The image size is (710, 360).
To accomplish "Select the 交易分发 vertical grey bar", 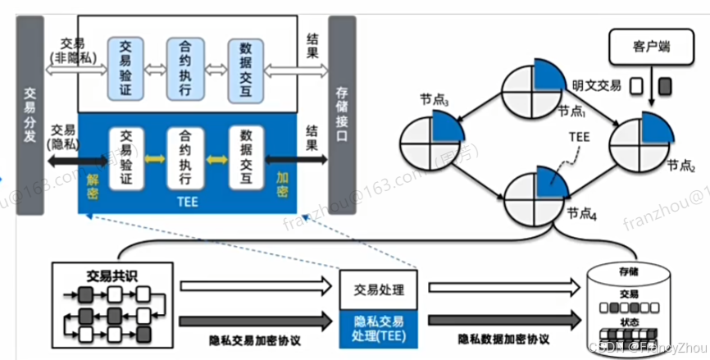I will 29,115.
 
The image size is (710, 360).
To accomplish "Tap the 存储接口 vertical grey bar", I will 343,115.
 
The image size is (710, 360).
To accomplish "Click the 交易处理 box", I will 379,289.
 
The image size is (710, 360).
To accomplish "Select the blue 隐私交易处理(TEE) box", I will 379,328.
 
